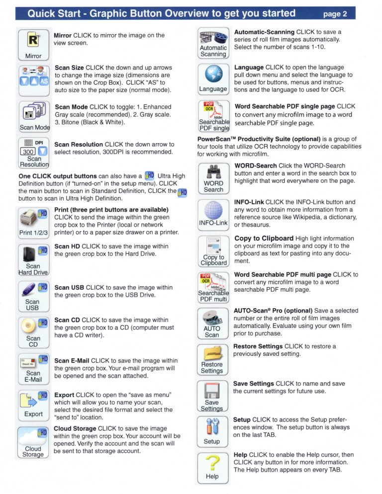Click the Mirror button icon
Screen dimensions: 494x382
[33, 45]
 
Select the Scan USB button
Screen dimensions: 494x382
[33, 296]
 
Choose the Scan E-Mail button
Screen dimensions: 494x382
[33, 368]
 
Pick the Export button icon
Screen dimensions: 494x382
[33, 404]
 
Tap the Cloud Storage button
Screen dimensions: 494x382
[33, 441]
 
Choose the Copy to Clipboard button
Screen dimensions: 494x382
[213, 251]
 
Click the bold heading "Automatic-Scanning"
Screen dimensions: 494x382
[264, 32]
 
